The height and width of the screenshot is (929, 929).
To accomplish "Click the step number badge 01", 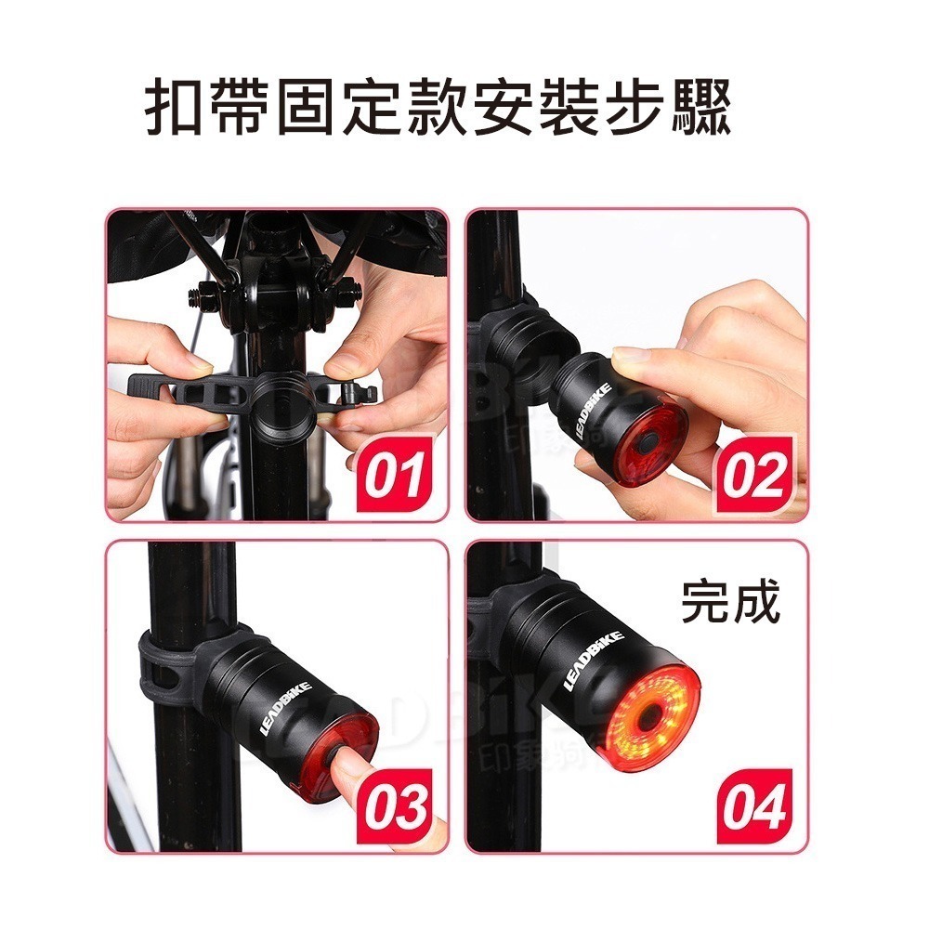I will point(394,475).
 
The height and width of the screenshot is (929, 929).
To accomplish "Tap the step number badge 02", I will point(753,475).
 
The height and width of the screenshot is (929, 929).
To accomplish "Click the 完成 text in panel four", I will point(730,603).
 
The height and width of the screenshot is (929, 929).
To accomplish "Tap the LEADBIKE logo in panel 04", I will point(595,660).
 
